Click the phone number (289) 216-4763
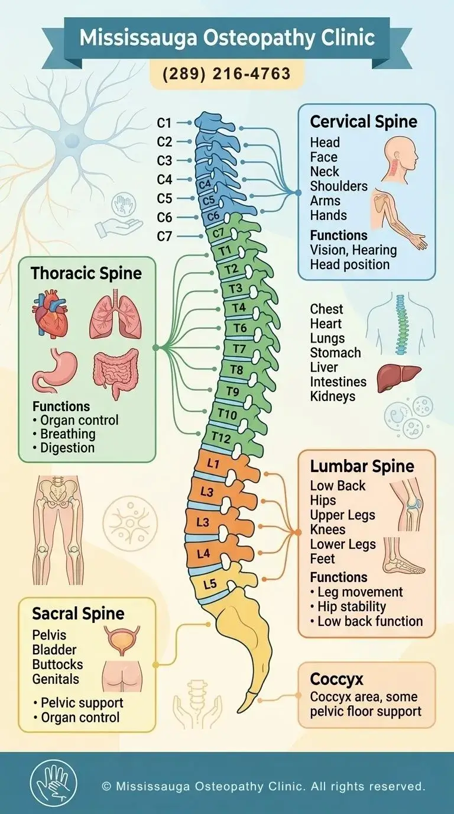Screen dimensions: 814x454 click(227, 73)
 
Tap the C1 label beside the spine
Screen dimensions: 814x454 click(164, 123)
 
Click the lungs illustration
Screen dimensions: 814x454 click(115, 318)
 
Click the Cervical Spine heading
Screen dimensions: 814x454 click(364, 122)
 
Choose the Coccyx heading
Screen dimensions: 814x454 click(337, 678)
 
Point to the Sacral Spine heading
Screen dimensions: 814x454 click(79, 613)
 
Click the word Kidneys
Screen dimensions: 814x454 click(333, 396)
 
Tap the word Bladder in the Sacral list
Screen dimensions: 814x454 click(54, 650)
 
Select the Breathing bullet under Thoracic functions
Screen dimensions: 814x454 click(67, 434)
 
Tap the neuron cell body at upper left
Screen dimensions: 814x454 click(72, 141)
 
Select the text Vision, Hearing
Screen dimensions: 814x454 click(354, 250)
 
